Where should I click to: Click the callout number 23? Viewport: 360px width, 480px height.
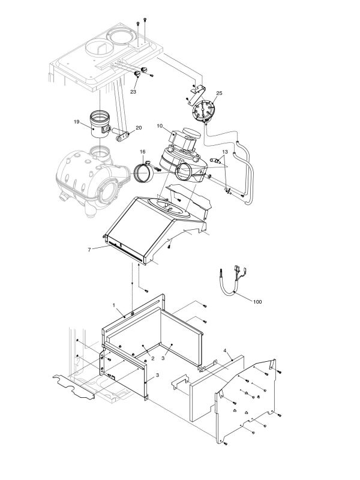click(133, 92)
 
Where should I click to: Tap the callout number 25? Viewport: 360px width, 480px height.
click(219, 94)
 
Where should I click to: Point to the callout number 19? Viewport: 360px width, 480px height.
click(77, 122)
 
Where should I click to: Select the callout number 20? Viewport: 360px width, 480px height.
click(139, 128)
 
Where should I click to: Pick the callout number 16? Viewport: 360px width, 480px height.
click(143, 152)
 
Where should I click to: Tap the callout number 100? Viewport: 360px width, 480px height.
click(257, 301)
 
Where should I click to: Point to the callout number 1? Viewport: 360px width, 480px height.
click(113, 305)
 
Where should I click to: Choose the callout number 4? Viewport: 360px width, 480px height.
click(224, 350)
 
